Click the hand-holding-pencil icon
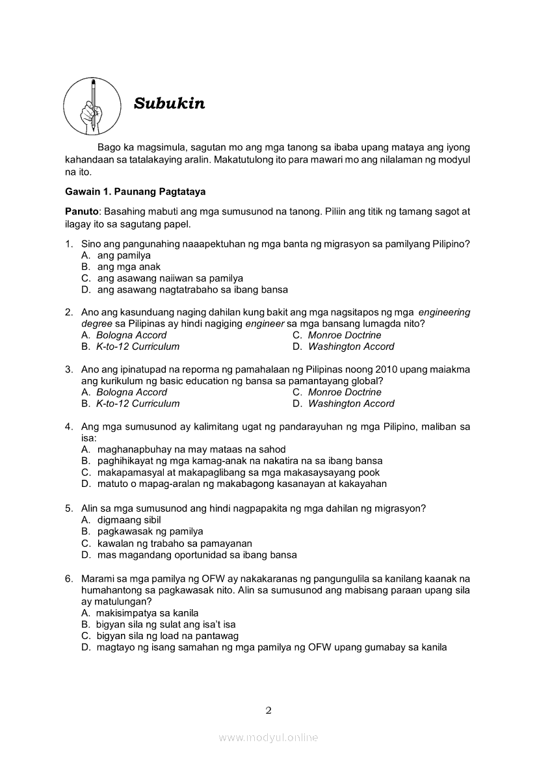click(92, 106)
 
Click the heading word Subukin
click(169, 103)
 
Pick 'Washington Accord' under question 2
click(351, 347)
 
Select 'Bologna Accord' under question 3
click(131, 392)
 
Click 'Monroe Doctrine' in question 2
click(345, 335)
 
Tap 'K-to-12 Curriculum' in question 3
click(138, 403)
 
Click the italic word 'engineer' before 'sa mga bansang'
click(265, 324)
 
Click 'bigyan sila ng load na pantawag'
click(167, 636)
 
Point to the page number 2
click(268, 710)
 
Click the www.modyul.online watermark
click(268, 737)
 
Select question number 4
click(68, 426)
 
